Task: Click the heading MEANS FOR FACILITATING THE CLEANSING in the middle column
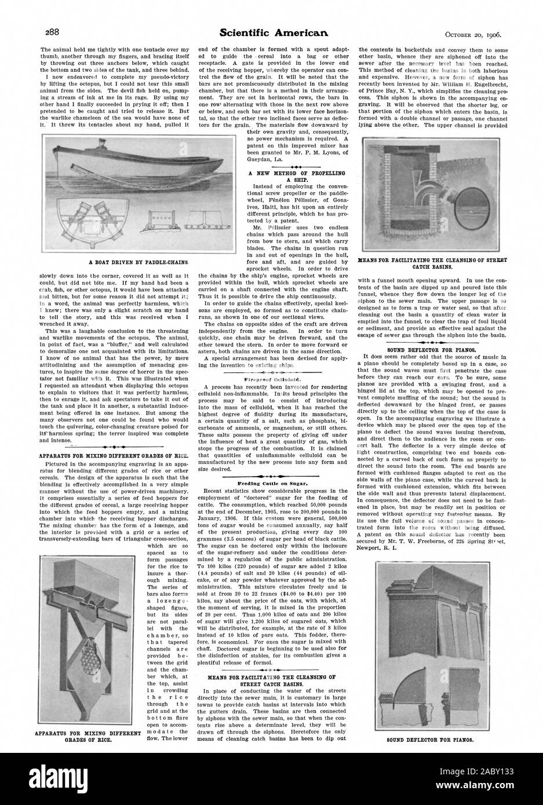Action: (x=271, y=666)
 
